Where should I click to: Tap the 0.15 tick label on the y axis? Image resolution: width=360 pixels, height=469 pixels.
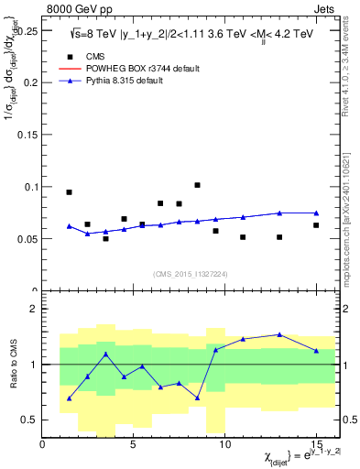(27, 134)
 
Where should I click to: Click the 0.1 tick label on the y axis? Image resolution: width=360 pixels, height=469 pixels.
(29, 187)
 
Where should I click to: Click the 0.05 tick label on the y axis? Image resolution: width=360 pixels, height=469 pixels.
(27, 239)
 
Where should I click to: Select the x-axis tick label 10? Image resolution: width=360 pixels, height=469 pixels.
(224, 445)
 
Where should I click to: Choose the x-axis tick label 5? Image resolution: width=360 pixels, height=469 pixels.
(134, 445)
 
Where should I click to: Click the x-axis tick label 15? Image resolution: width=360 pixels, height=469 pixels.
(316, 445)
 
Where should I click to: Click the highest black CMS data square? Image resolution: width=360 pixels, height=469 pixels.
(197, 185)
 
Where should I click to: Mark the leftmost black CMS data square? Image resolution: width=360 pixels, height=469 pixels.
(69, 192)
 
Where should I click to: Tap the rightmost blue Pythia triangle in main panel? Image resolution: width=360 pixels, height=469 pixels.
(316, 213)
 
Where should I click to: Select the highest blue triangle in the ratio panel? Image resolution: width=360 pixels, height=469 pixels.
(279, 334)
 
